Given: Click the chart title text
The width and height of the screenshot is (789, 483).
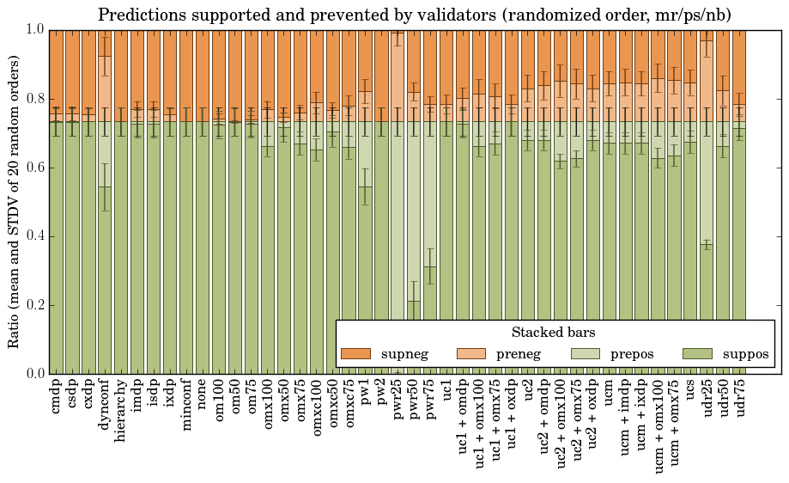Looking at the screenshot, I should click(x=414, y=15).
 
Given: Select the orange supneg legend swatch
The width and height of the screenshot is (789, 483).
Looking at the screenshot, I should click(x=355, y=354).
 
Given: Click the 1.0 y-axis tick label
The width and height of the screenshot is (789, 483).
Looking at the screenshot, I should click(x=33, y=29).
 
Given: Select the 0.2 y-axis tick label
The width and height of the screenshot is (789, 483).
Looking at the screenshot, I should click(x=33, y=305).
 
